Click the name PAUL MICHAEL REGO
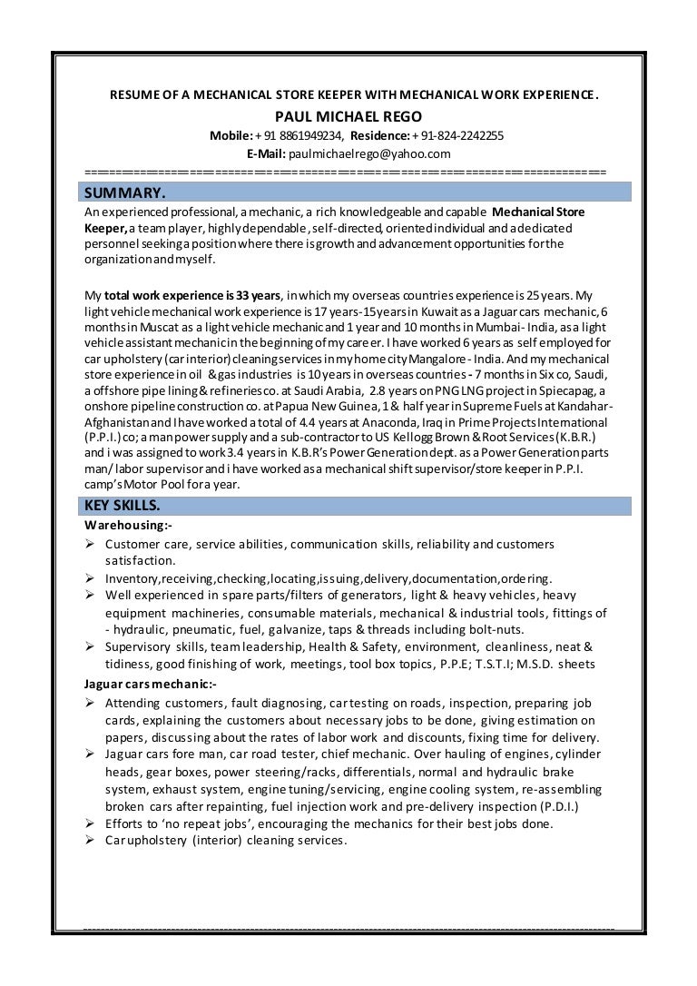click(348, 116)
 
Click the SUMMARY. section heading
click(125, 192)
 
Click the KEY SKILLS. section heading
click(123, 506)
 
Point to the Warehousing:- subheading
click(128, 526)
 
